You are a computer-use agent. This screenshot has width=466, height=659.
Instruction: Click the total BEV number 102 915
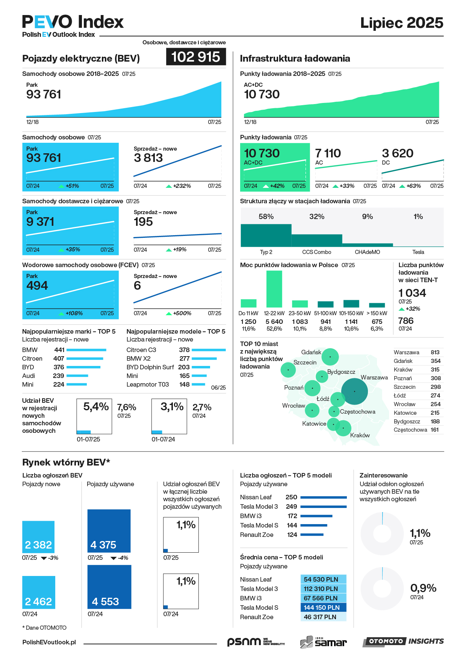pos(196,57)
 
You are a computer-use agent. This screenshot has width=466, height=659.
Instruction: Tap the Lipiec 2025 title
pos(401,23)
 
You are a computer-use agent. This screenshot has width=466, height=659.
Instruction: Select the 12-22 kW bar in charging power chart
pos(274,289)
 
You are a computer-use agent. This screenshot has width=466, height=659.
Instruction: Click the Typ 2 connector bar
pos(266,235)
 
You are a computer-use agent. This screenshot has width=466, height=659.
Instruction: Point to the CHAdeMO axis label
pos(367,252)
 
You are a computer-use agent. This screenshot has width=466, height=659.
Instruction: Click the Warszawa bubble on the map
pos(354,391)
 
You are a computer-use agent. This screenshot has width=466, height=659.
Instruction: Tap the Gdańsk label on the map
pos(311,352)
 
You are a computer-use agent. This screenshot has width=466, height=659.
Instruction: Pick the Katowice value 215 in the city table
pos(435,413)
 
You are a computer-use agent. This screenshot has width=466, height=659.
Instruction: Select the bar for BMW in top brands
pos(86,350)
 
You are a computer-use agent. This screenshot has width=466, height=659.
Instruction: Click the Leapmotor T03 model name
pos(148,384)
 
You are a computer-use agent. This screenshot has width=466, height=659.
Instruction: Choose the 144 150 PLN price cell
pos(323,608)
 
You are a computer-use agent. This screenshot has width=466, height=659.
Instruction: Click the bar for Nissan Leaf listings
pos(324,497)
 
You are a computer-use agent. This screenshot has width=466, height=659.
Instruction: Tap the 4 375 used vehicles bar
pos(109,531)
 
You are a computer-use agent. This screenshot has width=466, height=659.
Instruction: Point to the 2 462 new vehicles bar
pos(39,592)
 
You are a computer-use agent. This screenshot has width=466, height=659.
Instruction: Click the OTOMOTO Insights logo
pos(403,641)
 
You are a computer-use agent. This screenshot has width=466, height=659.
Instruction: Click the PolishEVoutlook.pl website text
pos(49,642)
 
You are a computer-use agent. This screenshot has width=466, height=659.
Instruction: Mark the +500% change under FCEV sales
pos(182,313)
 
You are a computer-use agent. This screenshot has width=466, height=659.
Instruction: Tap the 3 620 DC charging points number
pos(398,153)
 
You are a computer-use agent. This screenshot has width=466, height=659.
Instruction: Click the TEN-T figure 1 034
pos(412,293)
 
